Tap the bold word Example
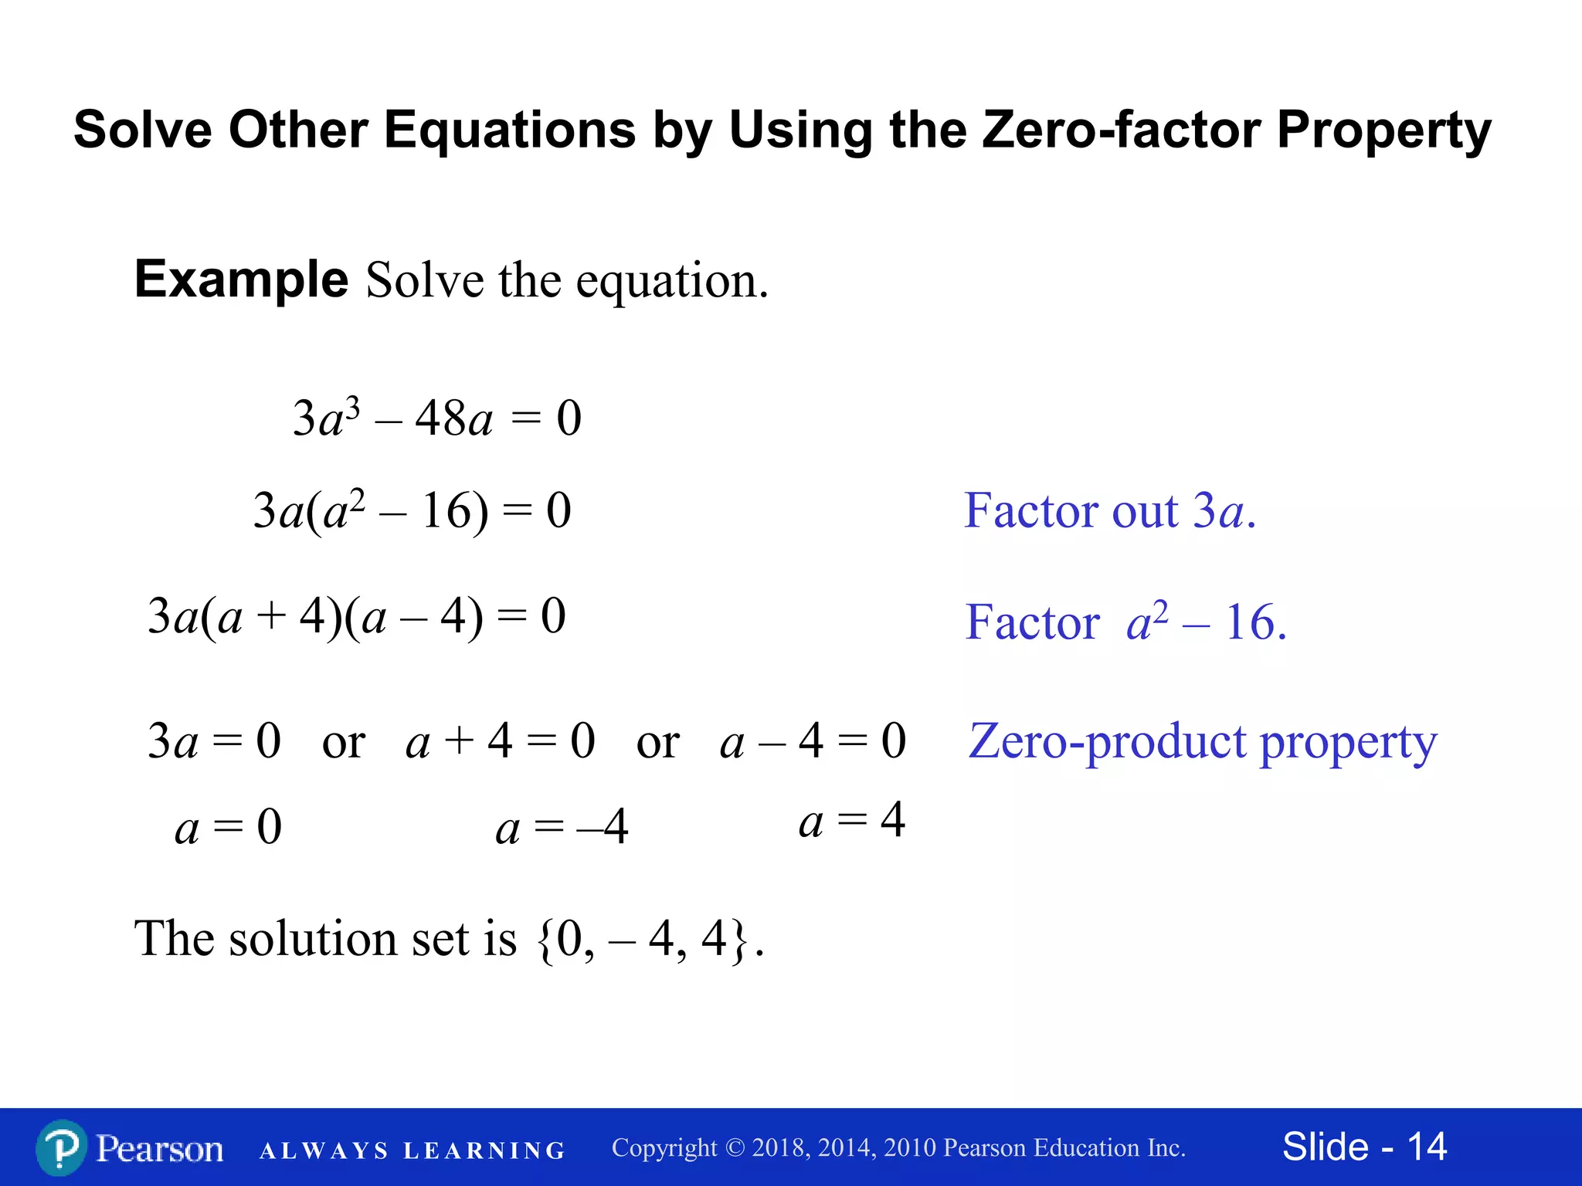point(241,279)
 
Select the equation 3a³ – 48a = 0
point(436,419)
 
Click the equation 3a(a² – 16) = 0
point(412,511)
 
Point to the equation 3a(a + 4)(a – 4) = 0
point(356,617)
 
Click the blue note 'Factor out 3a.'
point(1110,511)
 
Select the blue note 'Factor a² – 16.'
point(1125,622)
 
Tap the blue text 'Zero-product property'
point(1203,741)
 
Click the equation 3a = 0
point(214,741)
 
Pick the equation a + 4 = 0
point(500,741)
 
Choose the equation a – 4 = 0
point(813,741)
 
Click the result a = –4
point(562,828)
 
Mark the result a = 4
point(851,820)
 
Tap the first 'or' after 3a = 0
point(343,743)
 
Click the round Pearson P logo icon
point(61,1148)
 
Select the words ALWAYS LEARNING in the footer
point(412,1151)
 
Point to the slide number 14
point(1427,1147)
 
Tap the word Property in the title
point(1383,130)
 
